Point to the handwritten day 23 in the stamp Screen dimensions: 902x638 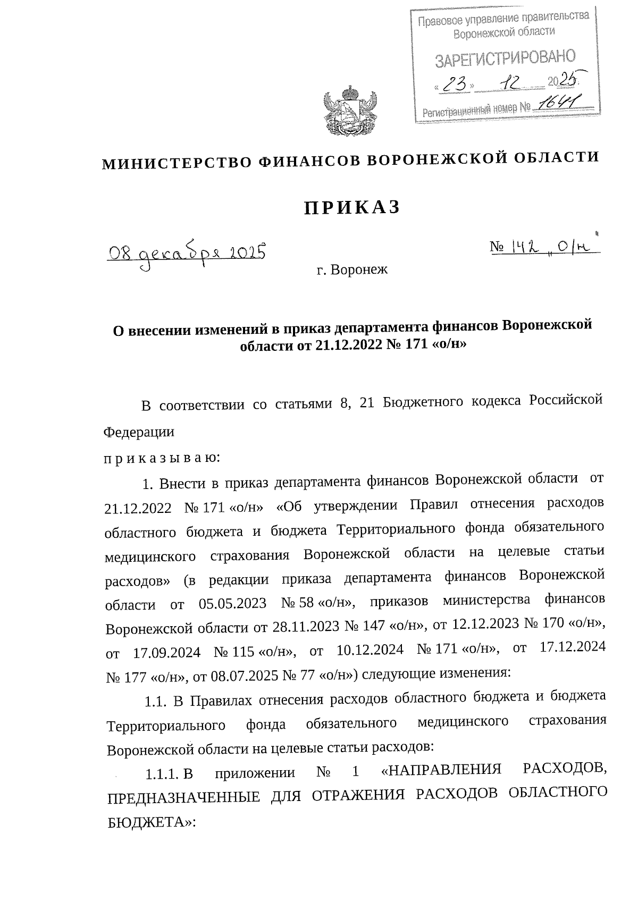point(454,84)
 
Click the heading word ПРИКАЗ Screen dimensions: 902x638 point(351,208)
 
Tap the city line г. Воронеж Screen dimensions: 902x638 point(351,270)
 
